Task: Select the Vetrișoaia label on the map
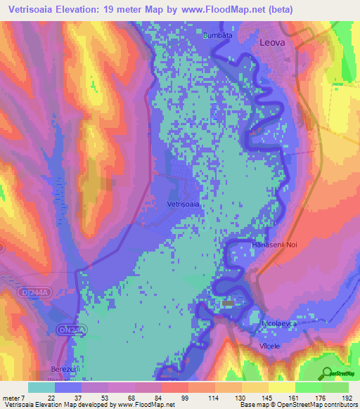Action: [184, 204]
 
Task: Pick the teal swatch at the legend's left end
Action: [41, 387]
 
